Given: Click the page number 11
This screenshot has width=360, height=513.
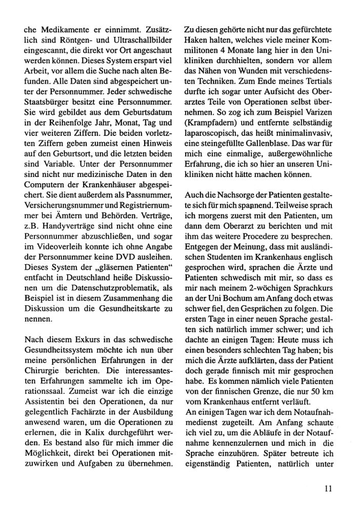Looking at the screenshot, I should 329,489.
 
